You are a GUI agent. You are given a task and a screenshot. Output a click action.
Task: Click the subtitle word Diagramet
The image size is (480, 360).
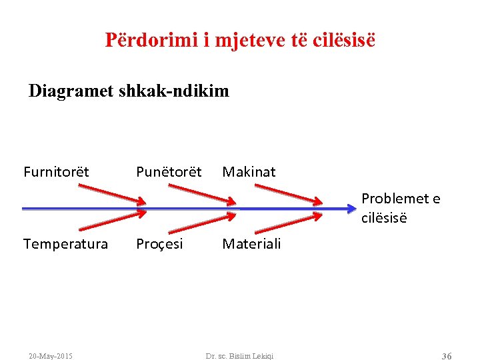coord(71,91)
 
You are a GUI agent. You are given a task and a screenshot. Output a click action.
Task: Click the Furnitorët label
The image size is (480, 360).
coord(56,172)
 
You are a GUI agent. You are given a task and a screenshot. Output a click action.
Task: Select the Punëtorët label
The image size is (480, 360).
coord(169,172)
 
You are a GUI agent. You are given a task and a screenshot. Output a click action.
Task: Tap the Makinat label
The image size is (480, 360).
coord(249,172)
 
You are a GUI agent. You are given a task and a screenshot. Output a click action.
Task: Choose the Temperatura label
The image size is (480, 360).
coord(65,244)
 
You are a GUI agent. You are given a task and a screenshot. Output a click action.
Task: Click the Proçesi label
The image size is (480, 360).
coord(159,244)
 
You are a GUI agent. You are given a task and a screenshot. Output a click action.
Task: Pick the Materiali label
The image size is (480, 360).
coord(251,244)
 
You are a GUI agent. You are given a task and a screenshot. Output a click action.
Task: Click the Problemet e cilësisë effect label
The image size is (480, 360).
coord(401,208)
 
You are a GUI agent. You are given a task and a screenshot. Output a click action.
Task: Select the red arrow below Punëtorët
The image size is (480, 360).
coord(201,194)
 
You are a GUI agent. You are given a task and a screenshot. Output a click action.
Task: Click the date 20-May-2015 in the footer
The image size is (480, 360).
coord(51,356)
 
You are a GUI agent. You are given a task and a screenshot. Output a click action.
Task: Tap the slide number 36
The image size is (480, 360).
coord(447,356)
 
